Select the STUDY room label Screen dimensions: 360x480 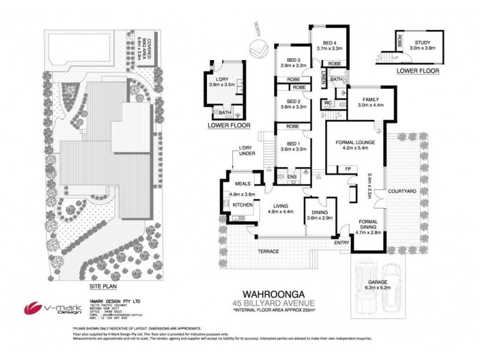(422, 42)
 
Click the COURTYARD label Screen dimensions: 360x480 (398, 191)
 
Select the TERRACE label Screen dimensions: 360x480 (268, 251)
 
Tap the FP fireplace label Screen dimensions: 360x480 (347, 169)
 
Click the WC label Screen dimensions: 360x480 (328, 103)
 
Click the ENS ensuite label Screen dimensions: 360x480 (292, 177)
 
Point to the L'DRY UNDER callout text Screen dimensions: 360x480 (246, 151)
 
